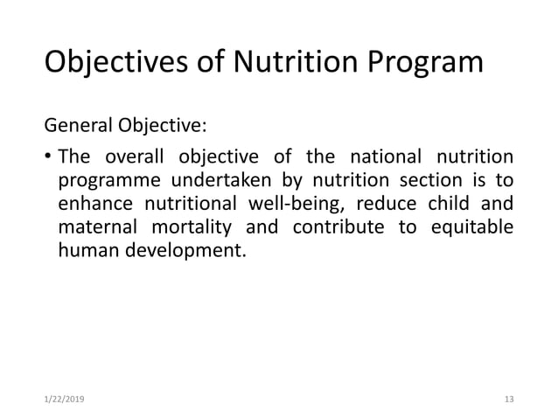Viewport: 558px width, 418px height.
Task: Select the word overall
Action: [x=135, y=159]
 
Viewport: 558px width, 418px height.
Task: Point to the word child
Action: [x=464, y=205]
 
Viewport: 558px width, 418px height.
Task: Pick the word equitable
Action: [x=473, y=228]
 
